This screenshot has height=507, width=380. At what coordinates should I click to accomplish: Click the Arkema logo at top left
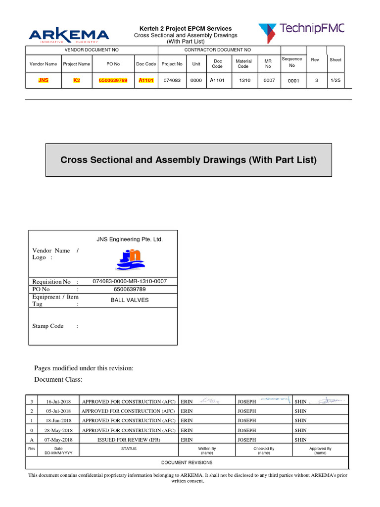(69, 36)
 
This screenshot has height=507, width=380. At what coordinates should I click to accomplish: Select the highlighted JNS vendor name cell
(44, 81)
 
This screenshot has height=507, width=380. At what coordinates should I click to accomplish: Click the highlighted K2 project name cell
(77, 81)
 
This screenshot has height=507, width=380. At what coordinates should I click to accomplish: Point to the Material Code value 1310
(244, 81)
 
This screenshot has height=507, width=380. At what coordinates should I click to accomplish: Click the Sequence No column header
(291, 62)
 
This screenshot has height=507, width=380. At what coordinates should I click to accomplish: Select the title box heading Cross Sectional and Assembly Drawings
(189, 160)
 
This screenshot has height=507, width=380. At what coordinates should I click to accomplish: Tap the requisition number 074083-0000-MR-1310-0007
(130, 281)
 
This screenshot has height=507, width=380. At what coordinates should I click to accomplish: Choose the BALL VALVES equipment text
(130, 300)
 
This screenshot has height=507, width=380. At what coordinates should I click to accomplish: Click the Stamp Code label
(48, 326)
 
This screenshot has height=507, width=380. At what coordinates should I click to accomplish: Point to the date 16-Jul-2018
(59, 401)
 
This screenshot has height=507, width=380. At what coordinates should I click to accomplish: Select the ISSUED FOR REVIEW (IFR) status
(128, 440)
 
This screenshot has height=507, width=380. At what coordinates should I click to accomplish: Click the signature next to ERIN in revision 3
(210, 401)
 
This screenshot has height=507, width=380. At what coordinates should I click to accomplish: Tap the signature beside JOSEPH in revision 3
(275, 399)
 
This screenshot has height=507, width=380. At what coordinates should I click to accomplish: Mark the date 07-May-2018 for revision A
(59, 440)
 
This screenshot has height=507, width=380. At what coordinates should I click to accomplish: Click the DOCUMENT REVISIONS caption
(187, 462)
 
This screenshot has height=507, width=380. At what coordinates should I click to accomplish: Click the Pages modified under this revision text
(84, 368)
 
